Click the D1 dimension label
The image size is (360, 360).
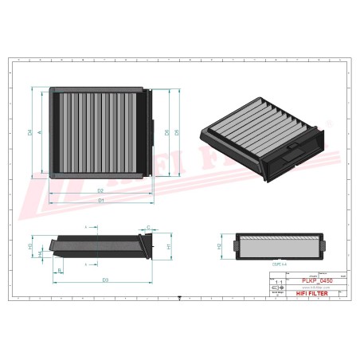click(101, 200)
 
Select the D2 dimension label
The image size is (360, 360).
click(101, 191)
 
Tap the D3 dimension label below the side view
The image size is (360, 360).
click(105, 280)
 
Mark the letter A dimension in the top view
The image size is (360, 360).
click(40, 131)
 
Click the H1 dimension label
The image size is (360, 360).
click(170, 247)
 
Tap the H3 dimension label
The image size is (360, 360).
click(30, 247)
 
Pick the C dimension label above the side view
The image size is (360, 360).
click(147, 229)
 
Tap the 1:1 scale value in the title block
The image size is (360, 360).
click(277, 282)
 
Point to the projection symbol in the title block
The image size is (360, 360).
click(277, 294)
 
